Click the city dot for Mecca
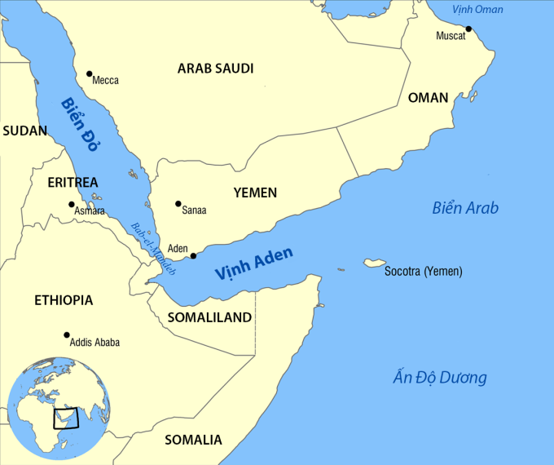click(89, 73)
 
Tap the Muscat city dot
click(468, 29)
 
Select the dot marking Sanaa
click(178, 203)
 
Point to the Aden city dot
click(193, 256)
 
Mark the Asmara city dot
click(72, 204)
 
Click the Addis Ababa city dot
click(66, 334)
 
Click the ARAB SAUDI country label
click(215, 69)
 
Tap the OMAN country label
click(428, 98)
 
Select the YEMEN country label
click(255, 193)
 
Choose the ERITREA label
click(73, 182)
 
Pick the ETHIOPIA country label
click(64, 300)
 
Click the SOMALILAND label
click(209, 317)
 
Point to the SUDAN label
click(24, 131)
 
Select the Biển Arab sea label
click(464, 208)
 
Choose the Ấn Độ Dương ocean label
click(439, 378)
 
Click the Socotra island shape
click(375, 263)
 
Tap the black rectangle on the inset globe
click(67, 418)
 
